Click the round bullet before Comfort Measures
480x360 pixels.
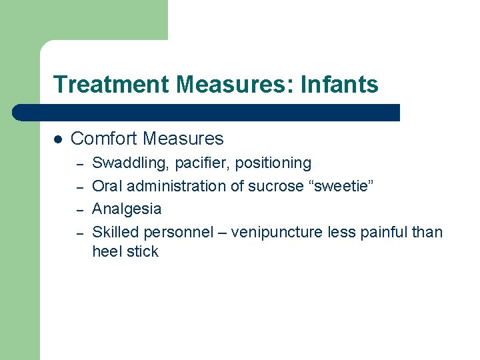point(58,139)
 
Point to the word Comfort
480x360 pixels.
point(103,139)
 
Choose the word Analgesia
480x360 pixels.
point(127,209)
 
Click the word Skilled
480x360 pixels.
point(116,232)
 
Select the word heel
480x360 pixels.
point(105,251)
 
